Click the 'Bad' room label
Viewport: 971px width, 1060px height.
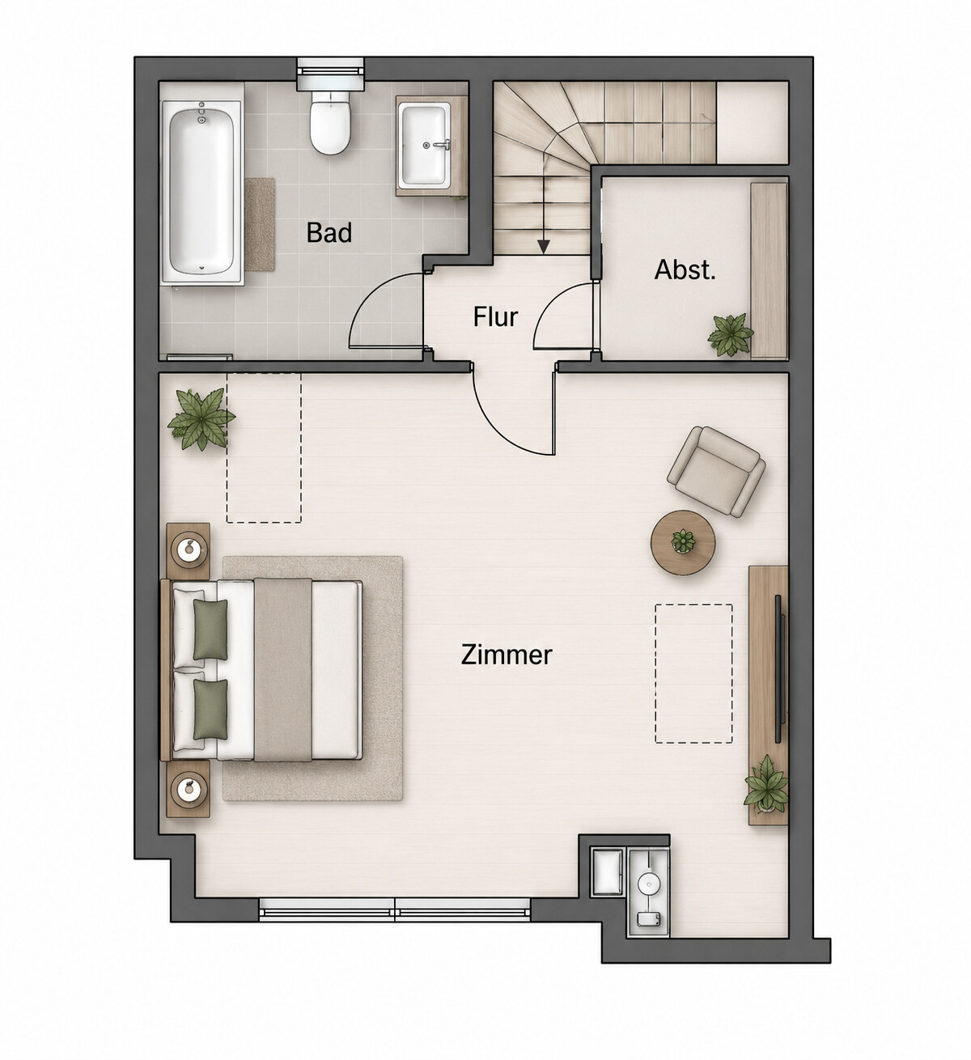click(x=329, y=232)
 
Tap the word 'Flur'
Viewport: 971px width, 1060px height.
click(x=495, y=316)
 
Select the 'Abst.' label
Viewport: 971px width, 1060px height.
click(x=685, y=269)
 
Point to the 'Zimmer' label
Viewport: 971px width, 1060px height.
click(x=507, y=655)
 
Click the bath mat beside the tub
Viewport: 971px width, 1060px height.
click(x=260, y=225)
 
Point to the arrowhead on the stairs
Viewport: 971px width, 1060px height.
click(x=544, y=247)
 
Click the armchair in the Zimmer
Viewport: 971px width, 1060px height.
click(x=716, y=471)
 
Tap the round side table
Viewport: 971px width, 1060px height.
click(x=683, y=543)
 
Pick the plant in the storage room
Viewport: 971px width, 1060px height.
click(x=731, y=334)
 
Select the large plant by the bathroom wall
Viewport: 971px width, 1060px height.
click(x=201, y=419)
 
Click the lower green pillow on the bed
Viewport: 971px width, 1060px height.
click(x=210, y=709)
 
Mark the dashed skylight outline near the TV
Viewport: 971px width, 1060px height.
click(x=693, y=674)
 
